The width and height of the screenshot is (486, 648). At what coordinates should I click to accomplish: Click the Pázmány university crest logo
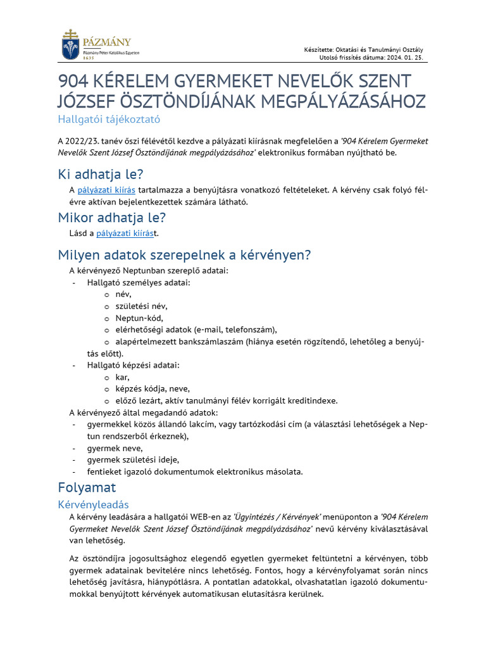(x=71, y=45)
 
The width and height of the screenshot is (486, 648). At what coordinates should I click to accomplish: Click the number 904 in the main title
(x=75, y=82)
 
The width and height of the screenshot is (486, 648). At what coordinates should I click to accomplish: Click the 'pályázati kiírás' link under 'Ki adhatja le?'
(x=106, y=190)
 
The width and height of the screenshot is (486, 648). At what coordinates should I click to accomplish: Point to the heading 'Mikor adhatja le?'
(x=112, y=217)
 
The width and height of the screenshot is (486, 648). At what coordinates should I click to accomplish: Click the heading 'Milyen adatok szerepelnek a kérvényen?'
(x=184, y=255)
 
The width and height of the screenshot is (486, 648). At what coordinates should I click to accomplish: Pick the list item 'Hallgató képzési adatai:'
(x=133, y=365)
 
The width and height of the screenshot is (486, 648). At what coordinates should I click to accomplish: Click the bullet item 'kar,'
(x=122, y=377)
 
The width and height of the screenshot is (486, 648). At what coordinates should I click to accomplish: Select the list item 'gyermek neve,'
(x=115, y=448)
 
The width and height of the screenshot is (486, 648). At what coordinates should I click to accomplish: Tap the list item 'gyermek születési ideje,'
(x=133, y=459)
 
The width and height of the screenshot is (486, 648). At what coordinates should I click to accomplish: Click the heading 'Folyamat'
(x=87, y=488)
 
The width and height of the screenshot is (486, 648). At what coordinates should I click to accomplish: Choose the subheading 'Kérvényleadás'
(x=93, y=504)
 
